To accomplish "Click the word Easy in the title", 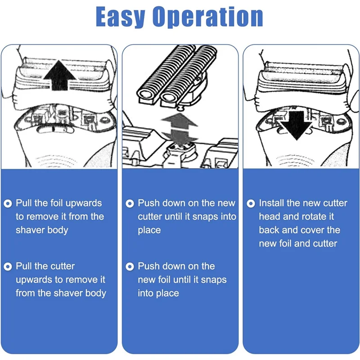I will [120, 17].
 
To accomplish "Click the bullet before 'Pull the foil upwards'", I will [8, 203].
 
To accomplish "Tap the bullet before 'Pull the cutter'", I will [8, 266].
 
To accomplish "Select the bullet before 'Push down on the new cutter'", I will [130, 203].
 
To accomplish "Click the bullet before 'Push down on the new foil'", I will [130, 266].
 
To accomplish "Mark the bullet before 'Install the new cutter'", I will [251, 203].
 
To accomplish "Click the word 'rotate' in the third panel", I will [316, 216].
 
